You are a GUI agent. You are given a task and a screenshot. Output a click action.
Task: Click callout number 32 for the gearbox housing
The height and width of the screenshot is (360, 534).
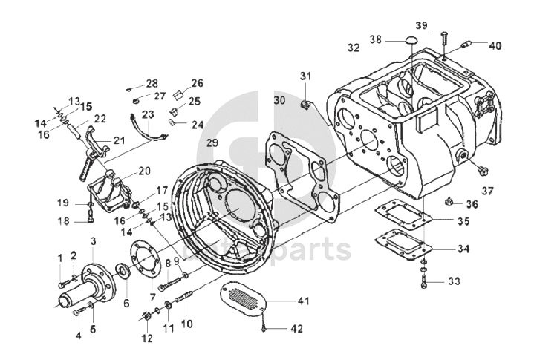click(354, 48)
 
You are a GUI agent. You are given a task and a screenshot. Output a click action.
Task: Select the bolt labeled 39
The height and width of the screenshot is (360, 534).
click(443, 37)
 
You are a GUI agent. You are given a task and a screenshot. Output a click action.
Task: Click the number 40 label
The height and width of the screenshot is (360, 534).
click(495, 45)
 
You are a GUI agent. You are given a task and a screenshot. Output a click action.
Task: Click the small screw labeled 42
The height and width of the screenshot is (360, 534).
click(264, 328)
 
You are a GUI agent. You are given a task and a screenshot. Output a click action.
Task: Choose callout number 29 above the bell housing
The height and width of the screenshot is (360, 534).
click(212, 143)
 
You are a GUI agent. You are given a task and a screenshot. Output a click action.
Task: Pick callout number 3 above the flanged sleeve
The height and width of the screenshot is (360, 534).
click(94, 241)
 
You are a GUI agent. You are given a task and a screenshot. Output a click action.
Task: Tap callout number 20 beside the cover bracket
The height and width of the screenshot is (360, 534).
click(144, 171)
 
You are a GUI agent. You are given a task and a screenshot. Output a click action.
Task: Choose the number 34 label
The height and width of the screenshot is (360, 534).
click(463, 249)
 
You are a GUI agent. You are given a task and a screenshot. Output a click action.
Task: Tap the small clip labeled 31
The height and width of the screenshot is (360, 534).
click(305, 105)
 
